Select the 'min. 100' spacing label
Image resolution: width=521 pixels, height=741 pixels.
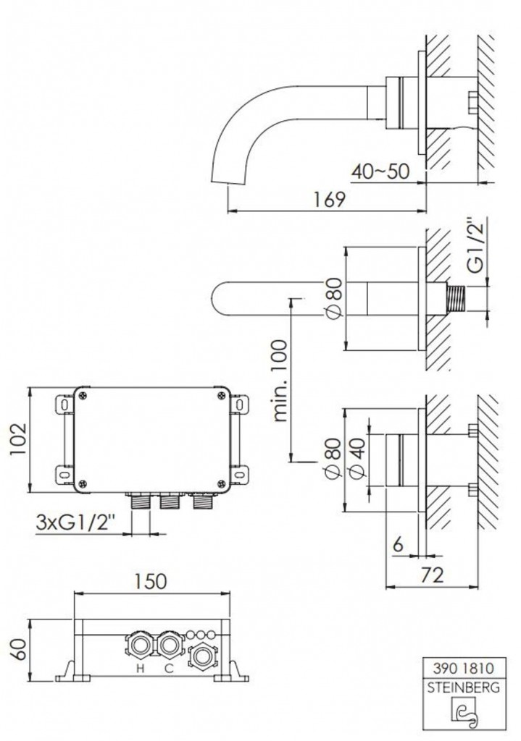click(280, 380)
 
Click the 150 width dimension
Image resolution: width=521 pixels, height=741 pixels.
click(151, 581)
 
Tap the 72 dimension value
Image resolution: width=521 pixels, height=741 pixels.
click(432, 575)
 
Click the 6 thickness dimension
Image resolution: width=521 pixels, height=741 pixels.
click(399, 545)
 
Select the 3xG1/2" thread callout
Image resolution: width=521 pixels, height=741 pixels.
click(75, 522)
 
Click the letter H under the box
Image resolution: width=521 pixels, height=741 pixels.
click(140, 668)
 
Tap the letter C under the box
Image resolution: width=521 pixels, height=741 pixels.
click(168, 668)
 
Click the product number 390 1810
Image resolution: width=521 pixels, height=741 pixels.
click(464, 668)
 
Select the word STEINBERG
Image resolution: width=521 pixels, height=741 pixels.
click(464, 687)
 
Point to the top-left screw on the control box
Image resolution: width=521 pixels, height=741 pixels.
click(83, 397)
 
